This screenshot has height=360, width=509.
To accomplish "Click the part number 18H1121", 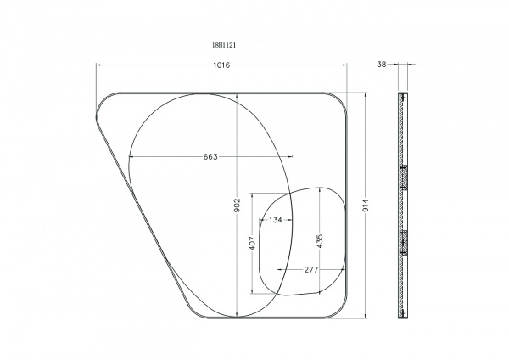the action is click(224, 45).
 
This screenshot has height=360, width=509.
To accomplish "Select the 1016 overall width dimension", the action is click(221, 65).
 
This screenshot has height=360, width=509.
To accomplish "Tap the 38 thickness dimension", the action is click(382, 65).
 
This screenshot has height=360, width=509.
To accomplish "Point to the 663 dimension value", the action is click(210, 157).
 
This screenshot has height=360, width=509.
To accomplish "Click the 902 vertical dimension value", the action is click(237, 205).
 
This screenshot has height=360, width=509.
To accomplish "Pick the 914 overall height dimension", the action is click(366, 205).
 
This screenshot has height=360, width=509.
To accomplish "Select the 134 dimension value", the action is click(275, 220).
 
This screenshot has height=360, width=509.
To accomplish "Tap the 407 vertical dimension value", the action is click(252, 243).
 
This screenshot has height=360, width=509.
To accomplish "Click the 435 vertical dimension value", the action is click(320, 241).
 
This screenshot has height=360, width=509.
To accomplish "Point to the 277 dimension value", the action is click(311, 269).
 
